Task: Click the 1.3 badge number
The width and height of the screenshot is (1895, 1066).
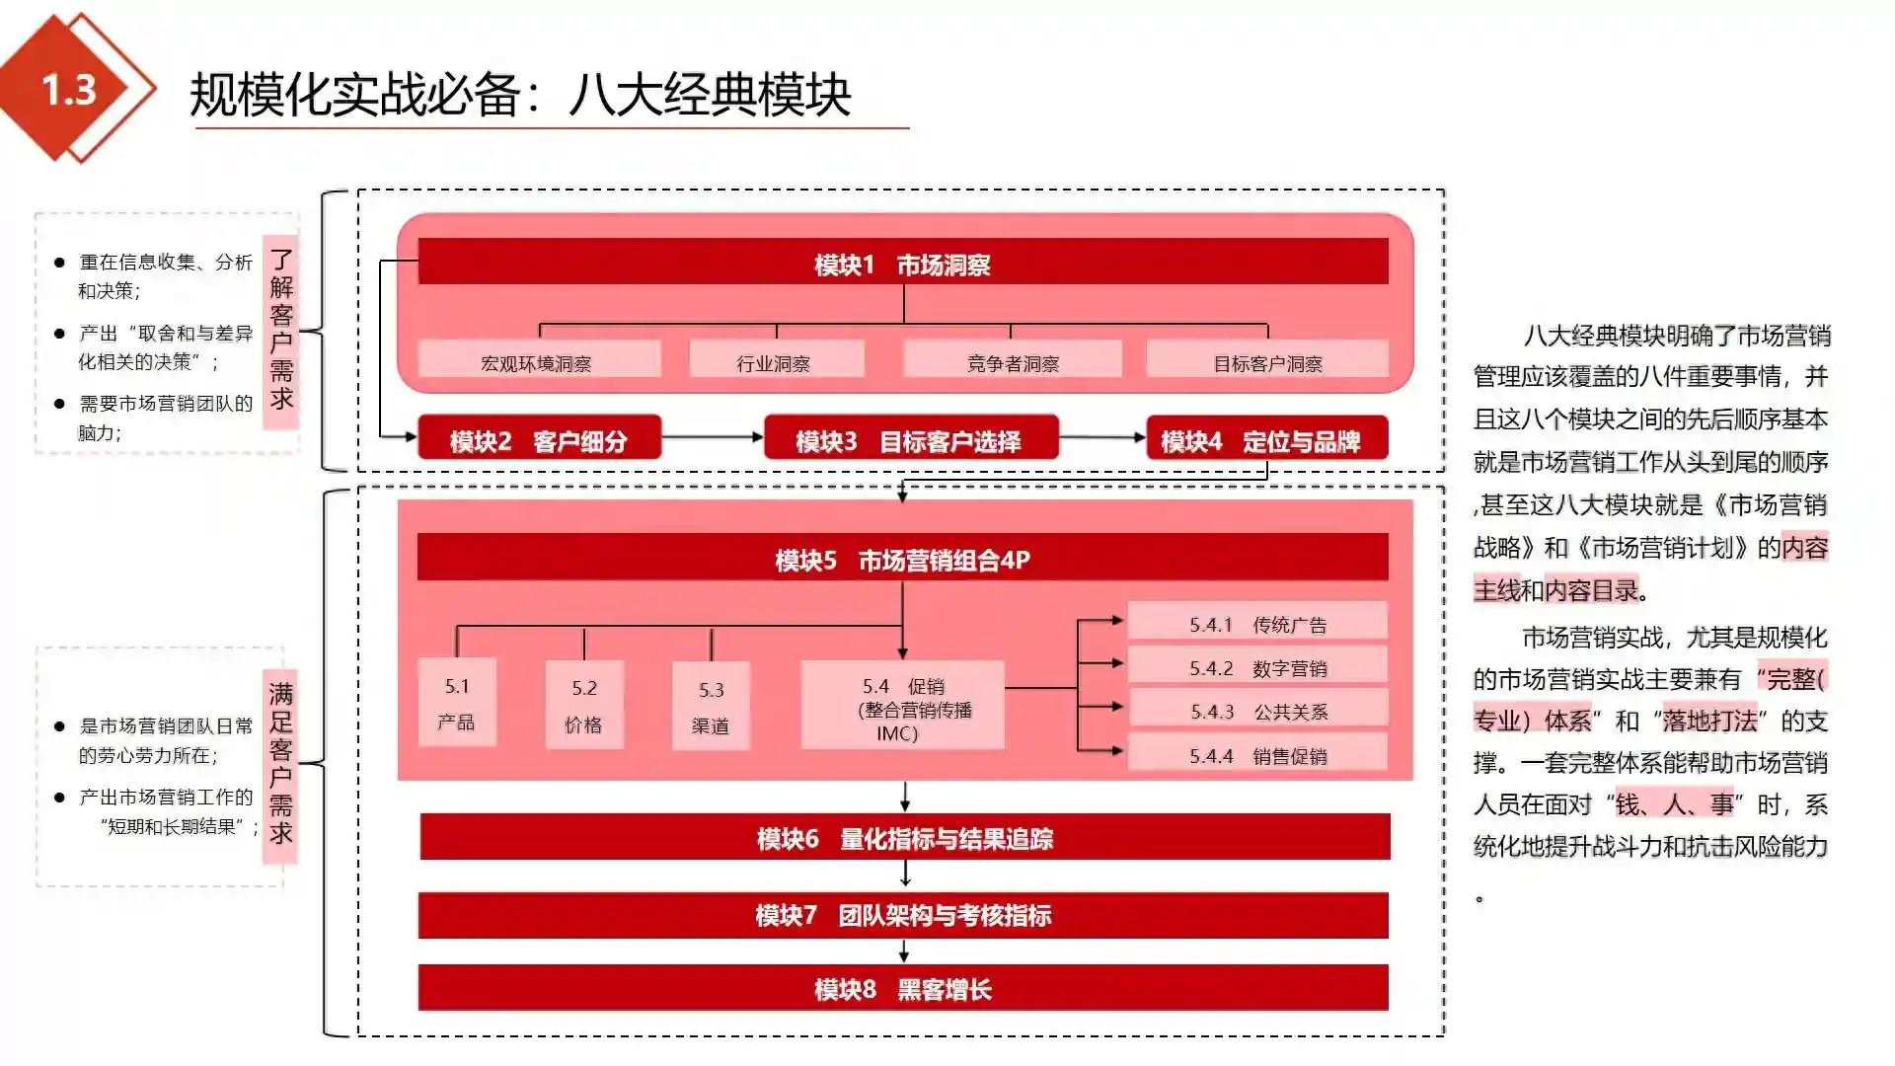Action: tap(69, 90)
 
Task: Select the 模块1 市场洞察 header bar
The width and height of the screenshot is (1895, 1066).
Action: tap(902, 263)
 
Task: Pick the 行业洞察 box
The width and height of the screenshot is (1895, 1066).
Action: tap(776, 360)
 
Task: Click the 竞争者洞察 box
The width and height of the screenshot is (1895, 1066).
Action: tap(1012, 360)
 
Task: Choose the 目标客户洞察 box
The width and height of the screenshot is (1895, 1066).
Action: tap(1267, 360)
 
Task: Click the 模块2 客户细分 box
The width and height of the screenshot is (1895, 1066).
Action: tap(539, 439)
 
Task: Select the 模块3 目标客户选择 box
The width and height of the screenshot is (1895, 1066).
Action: tap(910, 439)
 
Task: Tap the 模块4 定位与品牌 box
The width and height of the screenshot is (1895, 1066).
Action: tap(1266, 439)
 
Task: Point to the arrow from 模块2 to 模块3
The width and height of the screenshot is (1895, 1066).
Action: tap(713, 436)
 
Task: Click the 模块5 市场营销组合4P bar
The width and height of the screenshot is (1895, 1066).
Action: tap(902, 559)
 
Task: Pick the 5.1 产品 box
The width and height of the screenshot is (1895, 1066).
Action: tap(457, 703)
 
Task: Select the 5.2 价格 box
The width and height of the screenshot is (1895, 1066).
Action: tap(584, 705)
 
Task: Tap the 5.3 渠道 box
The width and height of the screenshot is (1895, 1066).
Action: tap(711, 706)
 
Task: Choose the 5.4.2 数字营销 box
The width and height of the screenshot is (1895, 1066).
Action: tap(1257, 666)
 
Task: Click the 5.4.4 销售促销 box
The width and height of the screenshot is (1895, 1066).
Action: tap(1257, 754)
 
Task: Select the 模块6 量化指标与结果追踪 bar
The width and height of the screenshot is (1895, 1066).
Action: tap(904, 837)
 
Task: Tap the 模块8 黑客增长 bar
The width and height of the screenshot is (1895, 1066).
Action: tap(902, 988)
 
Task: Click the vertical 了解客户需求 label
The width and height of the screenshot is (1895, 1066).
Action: tap(281, 331)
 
